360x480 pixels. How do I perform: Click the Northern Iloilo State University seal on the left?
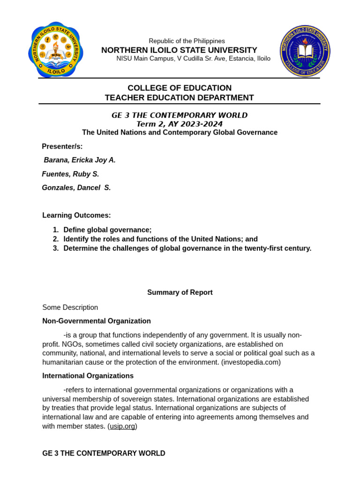(x=55, y=50)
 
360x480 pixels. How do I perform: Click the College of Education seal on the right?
(x=305, y=51)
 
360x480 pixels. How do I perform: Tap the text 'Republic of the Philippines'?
(x=187, y=41)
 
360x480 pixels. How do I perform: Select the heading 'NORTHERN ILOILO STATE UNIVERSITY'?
(x=179, y=50)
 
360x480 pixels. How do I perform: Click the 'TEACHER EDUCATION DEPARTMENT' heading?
(x=179, y=97)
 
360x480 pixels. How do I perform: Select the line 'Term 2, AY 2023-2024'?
(x=179, y=124)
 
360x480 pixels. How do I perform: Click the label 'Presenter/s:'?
(x=62, y=146)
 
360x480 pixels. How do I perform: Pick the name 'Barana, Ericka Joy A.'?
(x=80, y=160)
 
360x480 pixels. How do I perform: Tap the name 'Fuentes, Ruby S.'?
(x=70, y=174)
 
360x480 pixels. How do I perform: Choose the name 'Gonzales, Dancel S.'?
(x=76, y=187)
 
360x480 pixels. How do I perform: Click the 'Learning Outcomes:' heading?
(x=76, y=215)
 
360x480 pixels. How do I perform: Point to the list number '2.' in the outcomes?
(x=56, y=239)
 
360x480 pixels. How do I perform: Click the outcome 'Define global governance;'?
(x=107, y=230)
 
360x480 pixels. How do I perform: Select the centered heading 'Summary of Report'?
(x=180, y=292)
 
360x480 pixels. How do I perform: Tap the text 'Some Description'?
(x=70, y=307)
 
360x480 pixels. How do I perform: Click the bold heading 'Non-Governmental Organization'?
(x=97, y=321)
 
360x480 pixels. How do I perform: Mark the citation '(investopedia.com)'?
(x=251, y=362)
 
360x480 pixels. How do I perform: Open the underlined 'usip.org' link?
(x=122, y=426)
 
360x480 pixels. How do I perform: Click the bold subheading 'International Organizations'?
(x=88, y=376)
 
